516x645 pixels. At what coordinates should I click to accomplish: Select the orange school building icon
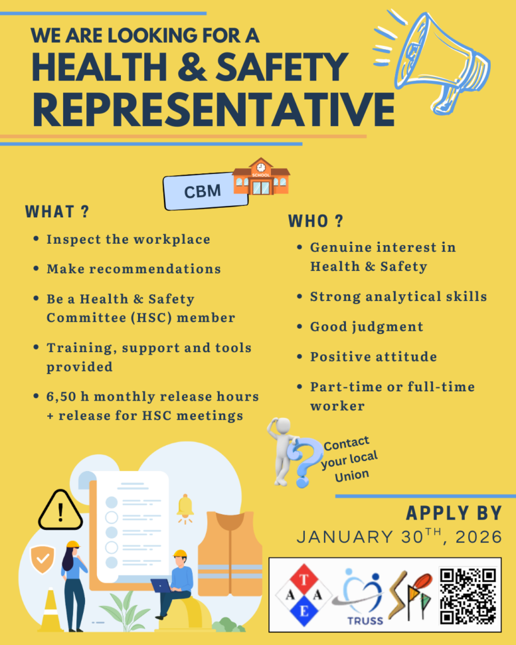point(261,176)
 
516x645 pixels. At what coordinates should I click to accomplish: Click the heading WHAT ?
point(57,212)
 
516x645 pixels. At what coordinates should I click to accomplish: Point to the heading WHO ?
point(316,221)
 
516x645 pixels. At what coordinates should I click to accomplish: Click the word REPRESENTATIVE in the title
point(214,110)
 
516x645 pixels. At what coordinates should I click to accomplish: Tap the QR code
point(468,596)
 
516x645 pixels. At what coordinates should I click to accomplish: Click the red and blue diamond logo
point(304,595)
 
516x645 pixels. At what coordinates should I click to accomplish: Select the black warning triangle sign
point(60,510)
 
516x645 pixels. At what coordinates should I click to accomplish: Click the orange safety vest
point(230,553)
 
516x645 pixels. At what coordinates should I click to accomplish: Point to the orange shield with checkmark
point(42,559)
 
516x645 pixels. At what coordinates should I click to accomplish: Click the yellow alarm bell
point(185,507)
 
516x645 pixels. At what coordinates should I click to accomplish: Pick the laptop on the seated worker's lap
point(161,586)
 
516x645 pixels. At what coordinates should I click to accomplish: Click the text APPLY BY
point(454,513)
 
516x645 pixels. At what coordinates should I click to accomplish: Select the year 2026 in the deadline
point(479,537)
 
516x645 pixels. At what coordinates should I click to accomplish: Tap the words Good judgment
point(367,327)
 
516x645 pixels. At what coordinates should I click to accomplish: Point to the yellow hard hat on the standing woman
point(73,545)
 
